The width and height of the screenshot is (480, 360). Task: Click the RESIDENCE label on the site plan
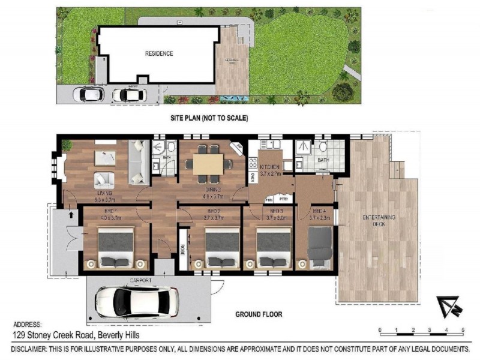[x=159, y=53]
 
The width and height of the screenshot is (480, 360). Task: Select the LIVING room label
[x=106, y=193]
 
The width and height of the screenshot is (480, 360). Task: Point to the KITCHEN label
[x=269, y=166]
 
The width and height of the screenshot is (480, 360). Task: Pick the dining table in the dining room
[x=207, y=163]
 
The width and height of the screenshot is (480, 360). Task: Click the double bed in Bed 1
[x=116, y=249]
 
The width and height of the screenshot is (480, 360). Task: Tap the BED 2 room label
[x=215, y=212]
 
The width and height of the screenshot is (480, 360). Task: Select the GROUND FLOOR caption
[x=258, y=314]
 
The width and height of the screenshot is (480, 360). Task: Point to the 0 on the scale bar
[x=380, y=331]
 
